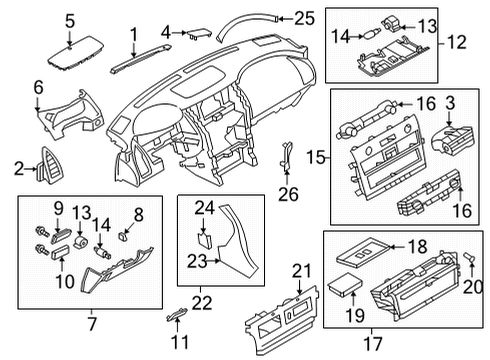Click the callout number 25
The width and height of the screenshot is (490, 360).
click(x=305, y=16)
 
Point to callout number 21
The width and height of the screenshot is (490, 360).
click(x=301, y=269)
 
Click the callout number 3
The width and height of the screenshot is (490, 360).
click(x=451, y=103)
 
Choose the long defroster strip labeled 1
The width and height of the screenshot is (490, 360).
click(x=133, y=67)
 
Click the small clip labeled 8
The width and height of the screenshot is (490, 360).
click(x=125, y=237)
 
